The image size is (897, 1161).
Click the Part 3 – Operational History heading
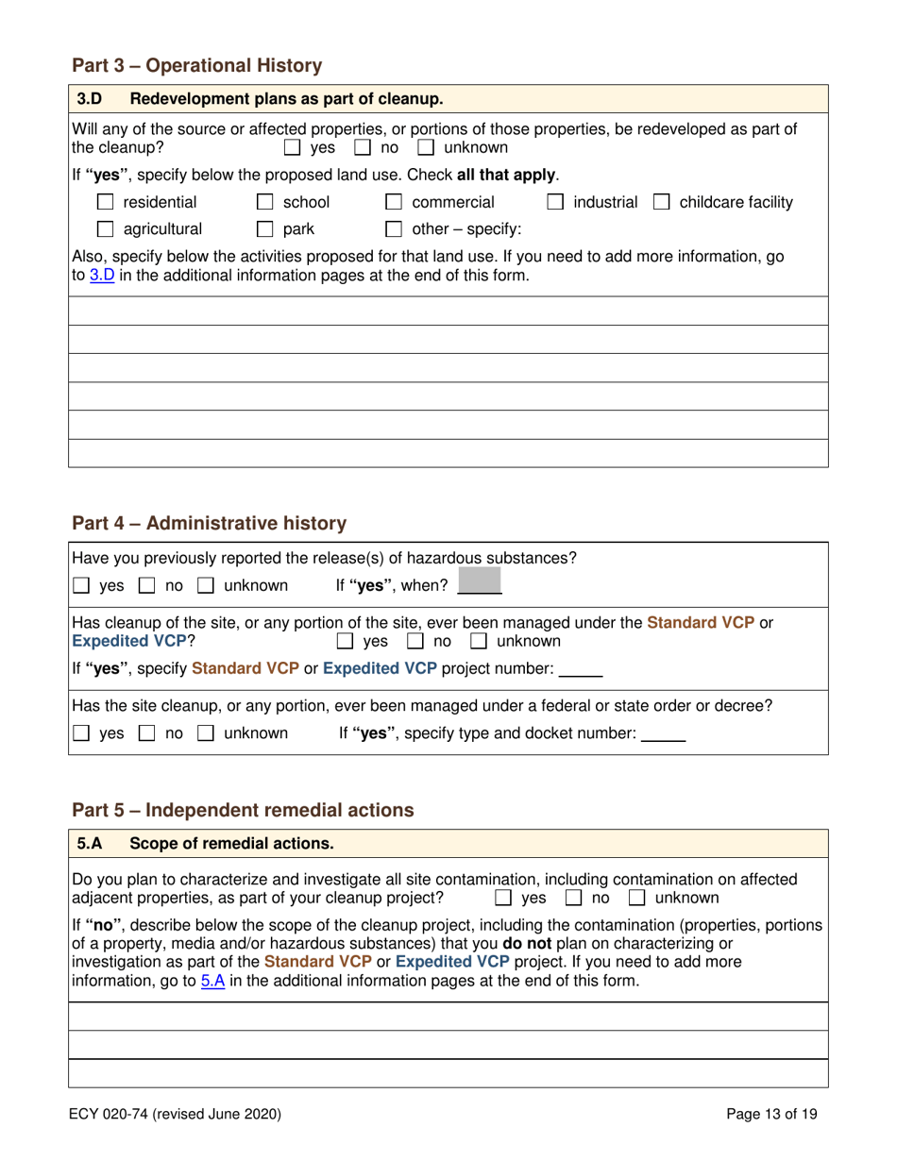click(197, 66)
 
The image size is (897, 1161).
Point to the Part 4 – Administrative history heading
click(210, 522)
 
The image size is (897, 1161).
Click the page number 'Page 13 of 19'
click(771, 1114)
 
